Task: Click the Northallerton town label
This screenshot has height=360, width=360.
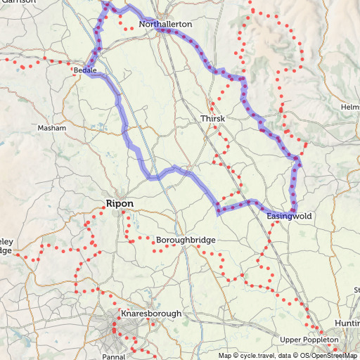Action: pyautogui.click(x=165, y=24)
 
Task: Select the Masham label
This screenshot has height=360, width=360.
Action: pyautogui.click(x=52, y=129)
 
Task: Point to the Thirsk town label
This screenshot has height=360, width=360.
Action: pyautogui.click(x=212, y=119)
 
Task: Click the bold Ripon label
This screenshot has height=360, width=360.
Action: pyautogui.click(x=119, y=204)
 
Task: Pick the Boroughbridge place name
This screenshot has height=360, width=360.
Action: pyautogui.click(x=186, y=240)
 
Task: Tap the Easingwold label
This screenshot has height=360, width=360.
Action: pyautogui.click(x=289, y=216)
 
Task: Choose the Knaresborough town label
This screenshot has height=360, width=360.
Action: pyautogui.click(x=151, y=314)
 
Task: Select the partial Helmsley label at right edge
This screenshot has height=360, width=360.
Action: pyautogui.click(x=350, y=106)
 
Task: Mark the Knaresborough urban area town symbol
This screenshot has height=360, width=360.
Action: pyautogui.click(x=116, y=328)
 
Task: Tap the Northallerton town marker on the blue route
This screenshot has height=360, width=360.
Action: pyautogui.click(x=163, y=31)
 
